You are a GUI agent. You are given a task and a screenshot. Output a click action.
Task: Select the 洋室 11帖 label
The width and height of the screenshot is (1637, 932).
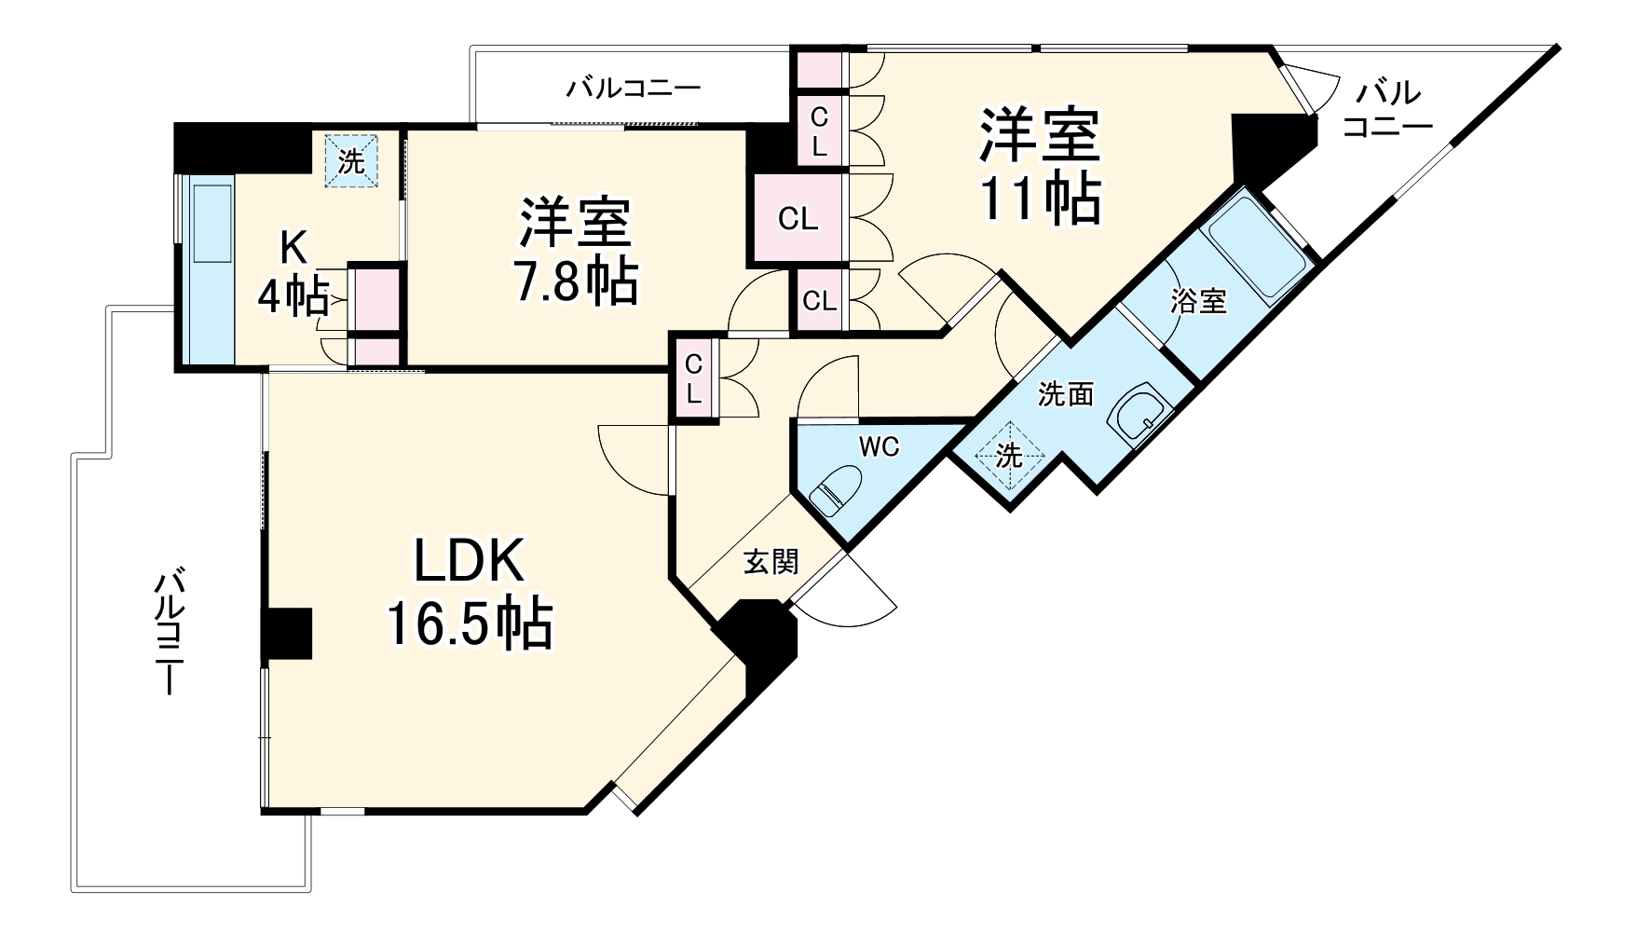pos(1039,165)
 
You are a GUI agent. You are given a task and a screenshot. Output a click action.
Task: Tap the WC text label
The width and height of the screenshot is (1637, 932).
pos(879,447)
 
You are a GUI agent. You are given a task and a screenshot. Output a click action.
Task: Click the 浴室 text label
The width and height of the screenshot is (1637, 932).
pos(1199,302)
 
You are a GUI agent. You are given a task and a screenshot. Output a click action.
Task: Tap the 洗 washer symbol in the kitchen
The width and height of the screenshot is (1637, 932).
pos(351,161)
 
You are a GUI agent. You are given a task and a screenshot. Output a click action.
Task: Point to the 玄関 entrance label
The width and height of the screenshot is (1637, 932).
pos(771,561)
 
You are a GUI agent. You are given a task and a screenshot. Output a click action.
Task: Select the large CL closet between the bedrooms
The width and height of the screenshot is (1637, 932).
pos(798,220)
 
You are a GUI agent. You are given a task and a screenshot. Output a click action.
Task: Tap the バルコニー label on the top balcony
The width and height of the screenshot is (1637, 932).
pos(634,89)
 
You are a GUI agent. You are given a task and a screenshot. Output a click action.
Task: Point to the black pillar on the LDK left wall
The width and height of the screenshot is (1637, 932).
pos(286,634)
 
